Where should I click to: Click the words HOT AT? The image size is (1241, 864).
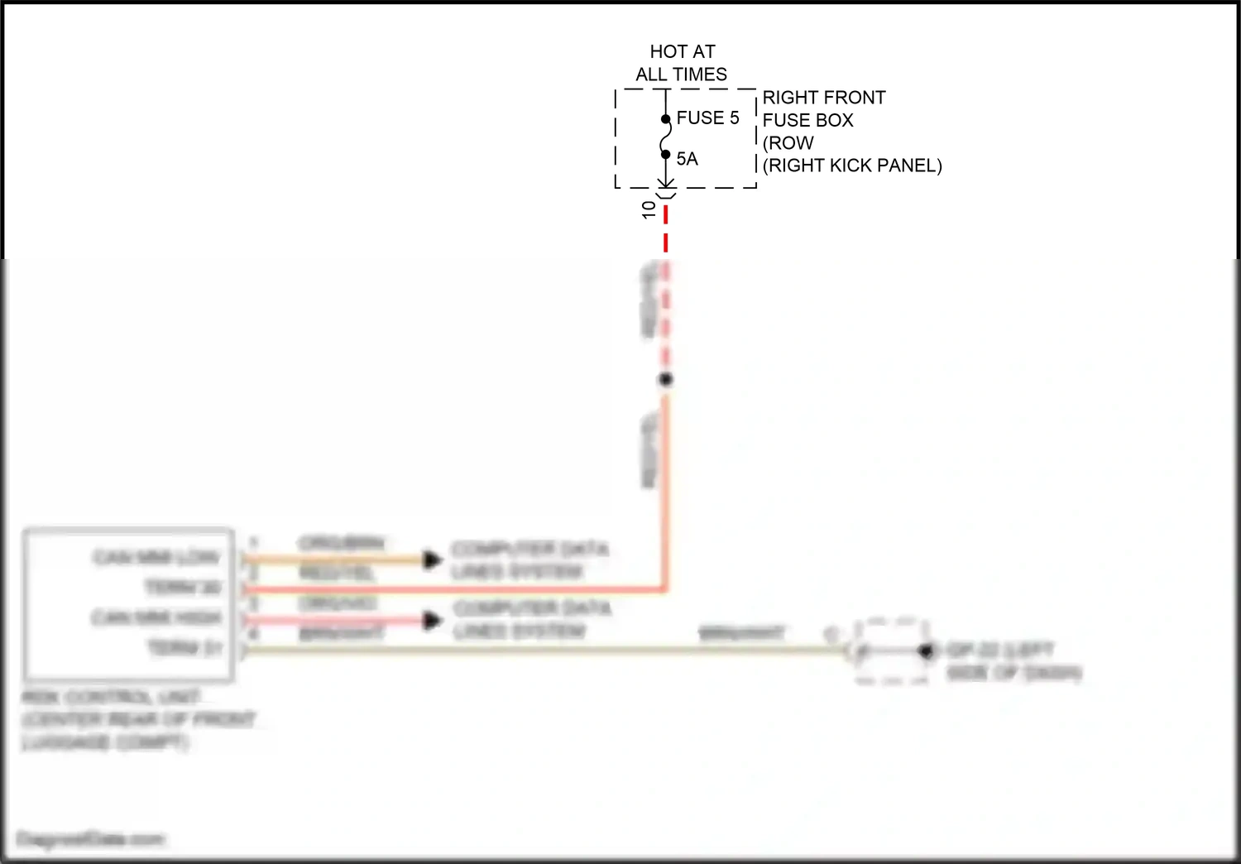(682, 52)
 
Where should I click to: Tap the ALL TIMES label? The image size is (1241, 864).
(681, 74)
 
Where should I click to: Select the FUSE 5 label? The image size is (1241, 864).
(707, 118)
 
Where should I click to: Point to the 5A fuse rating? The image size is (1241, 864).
(687, 159)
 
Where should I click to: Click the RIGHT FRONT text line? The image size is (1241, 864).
(823, 98)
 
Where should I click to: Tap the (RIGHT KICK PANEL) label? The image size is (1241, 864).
(852, 166)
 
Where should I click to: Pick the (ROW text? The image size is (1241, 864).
(788, 143)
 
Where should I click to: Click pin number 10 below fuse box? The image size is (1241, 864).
(649, 209)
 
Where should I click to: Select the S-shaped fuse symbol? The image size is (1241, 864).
(665, 137)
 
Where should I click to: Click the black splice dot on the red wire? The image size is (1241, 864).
(666, 380)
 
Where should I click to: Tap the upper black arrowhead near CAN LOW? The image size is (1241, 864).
(432, 560)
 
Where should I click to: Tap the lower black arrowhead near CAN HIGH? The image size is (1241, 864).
(432, 620)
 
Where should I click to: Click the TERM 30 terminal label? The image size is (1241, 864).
(183, 588)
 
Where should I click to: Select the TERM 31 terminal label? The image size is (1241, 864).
(184, 648)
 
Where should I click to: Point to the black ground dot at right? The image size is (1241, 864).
(926, 652)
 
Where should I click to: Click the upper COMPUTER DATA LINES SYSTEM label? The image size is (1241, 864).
(529, 560)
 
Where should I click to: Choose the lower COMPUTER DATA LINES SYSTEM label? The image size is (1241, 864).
(531, 620)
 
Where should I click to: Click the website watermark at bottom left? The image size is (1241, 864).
(91, 839)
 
